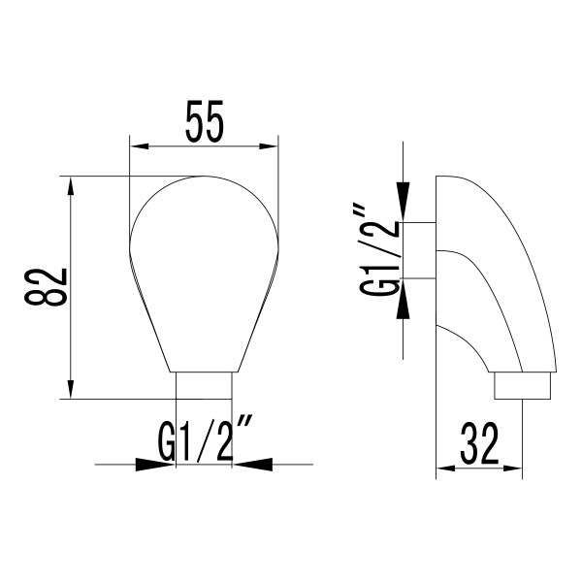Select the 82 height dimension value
(46, 287)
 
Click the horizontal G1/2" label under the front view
(205, 440)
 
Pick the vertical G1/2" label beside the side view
(379, 250)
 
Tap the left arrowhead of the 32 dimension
(447, 470)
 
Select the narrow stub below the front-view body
(204, 385)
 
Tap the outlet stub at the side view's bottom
(524, 386)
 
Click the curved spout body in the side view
(495, 281)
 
